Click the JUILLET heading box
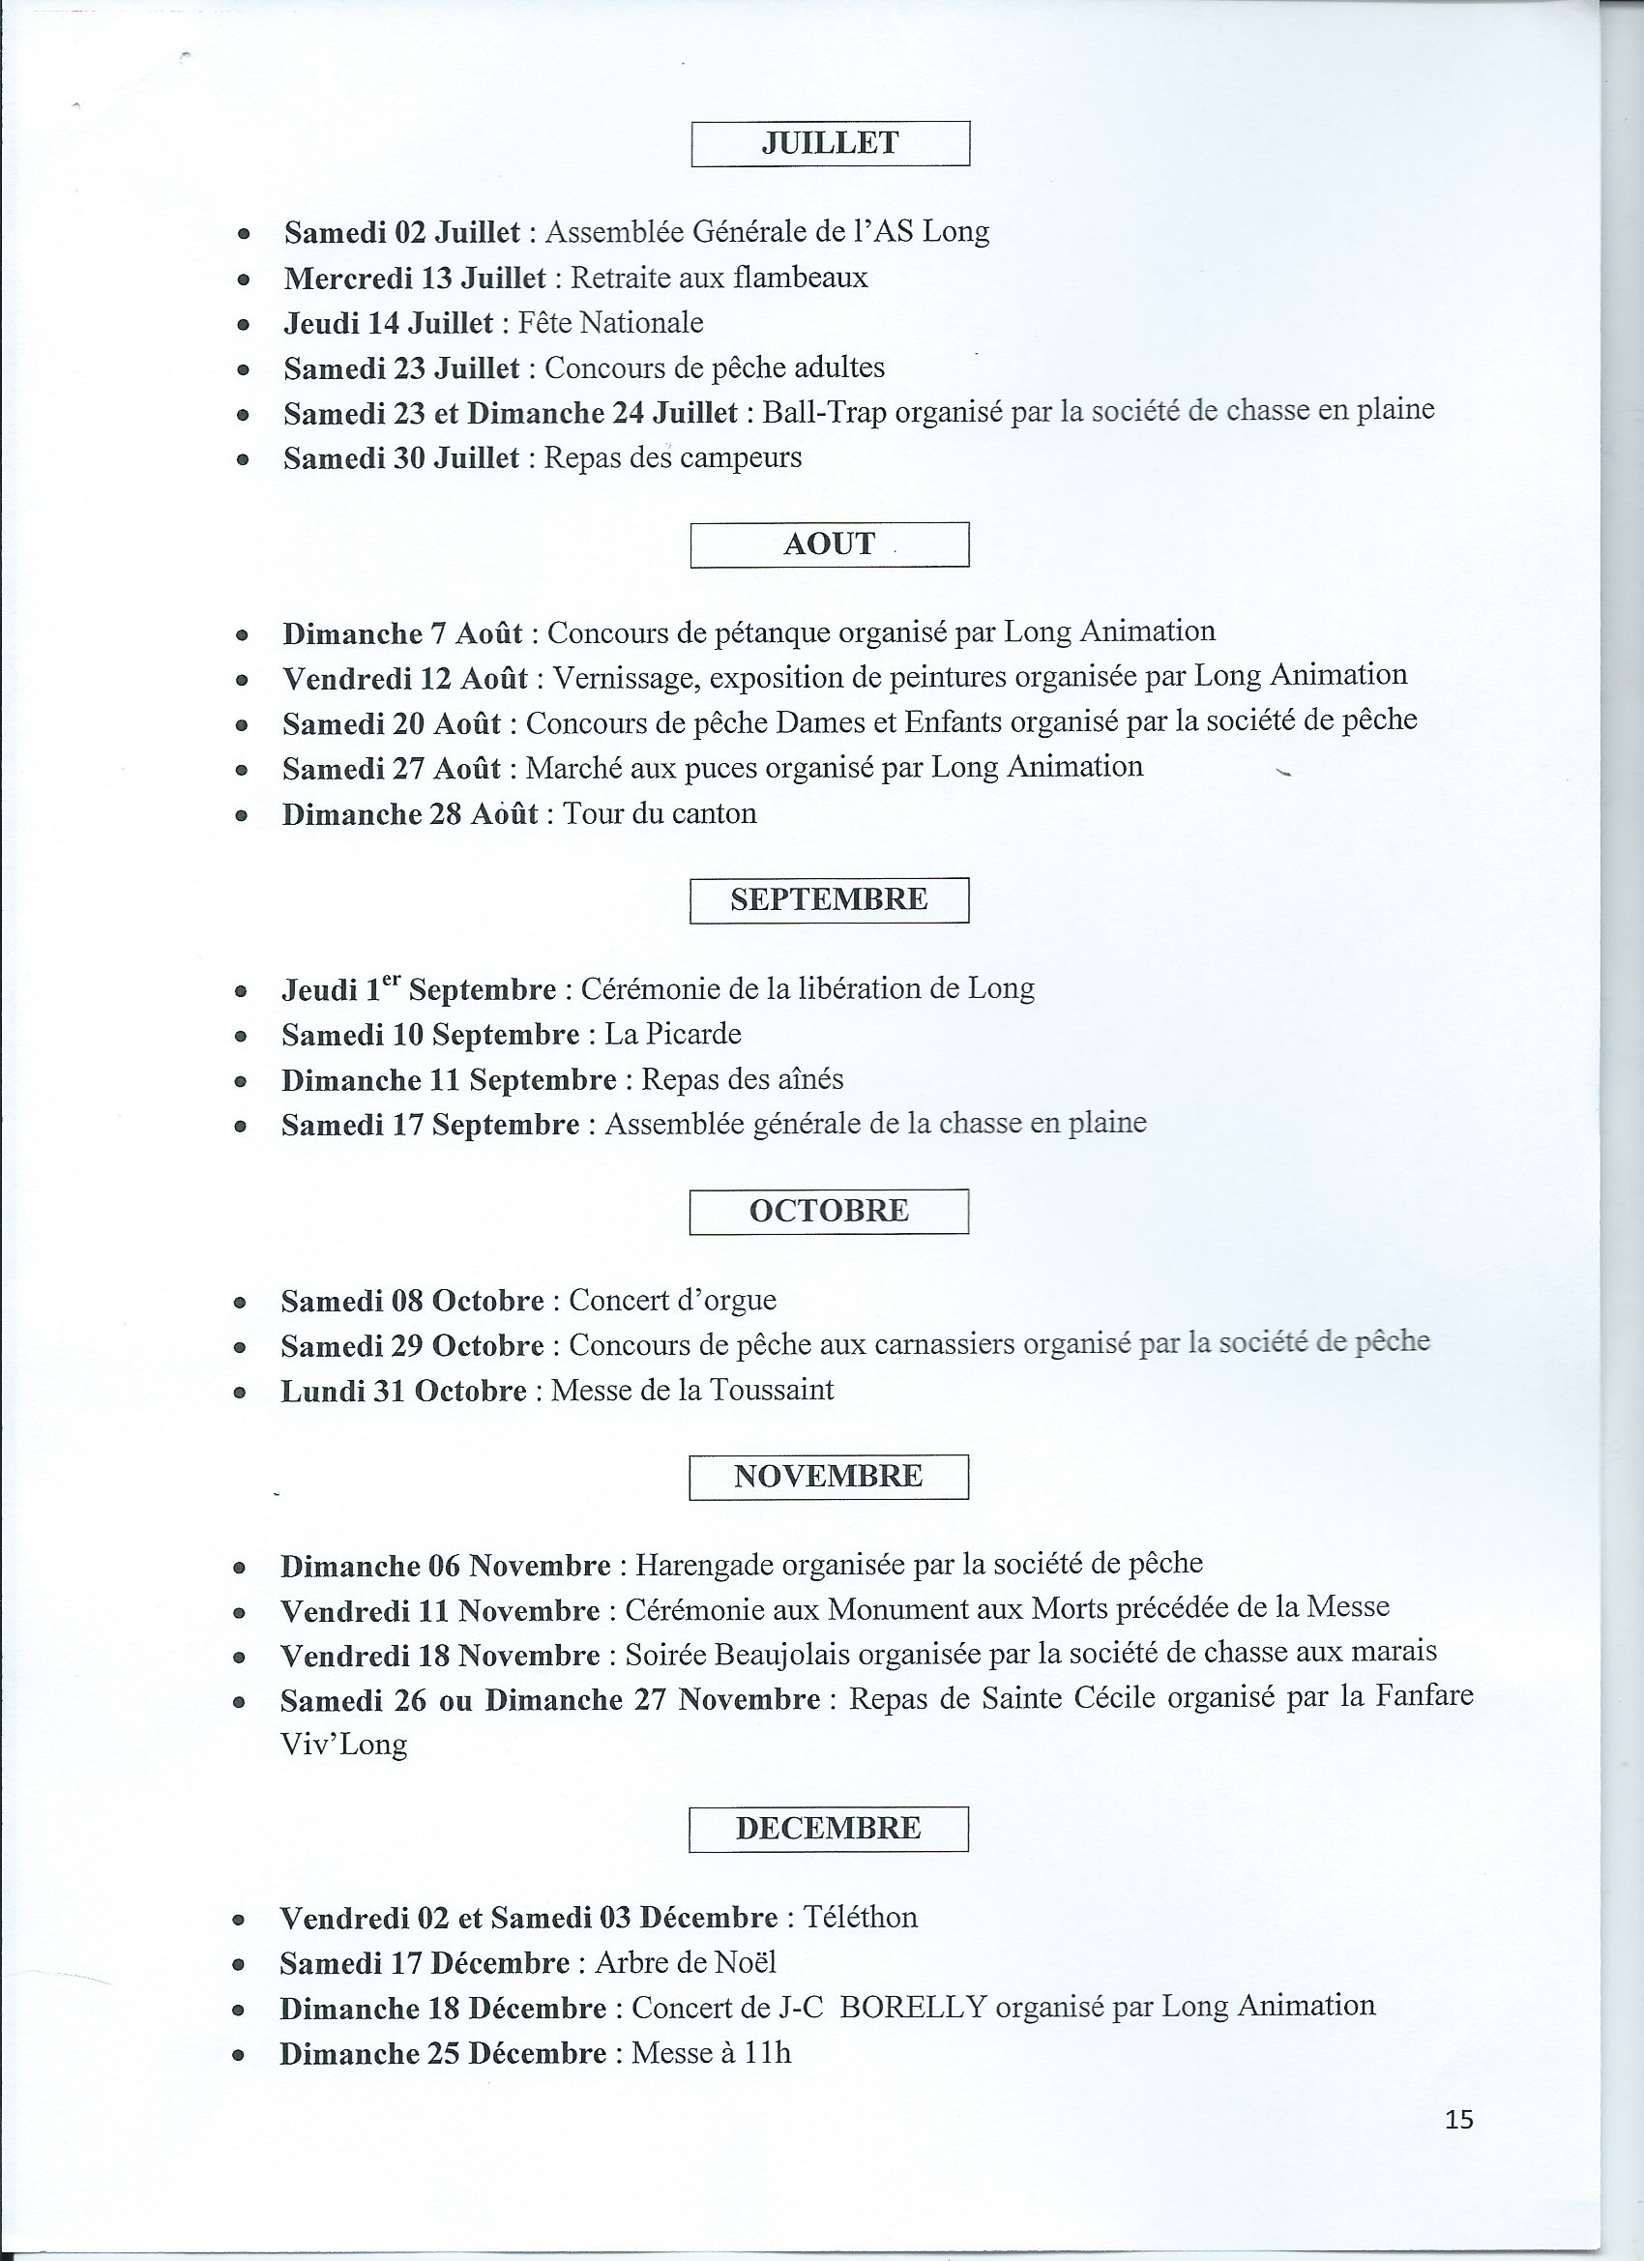pos(830,143)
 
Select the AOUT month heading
pos(830,544)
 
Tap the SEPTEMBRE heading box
pos(829,900)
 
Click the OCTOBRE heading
pos(829,1211)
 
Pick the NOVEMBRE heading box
pos(828,1477)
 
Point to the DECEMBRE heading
pos(828,1829)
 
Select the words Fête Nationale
pos(610,323)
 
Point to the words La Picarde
pos(673,1034)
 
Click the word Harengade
pos(705,1565)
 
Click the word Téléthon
pos(860,1917)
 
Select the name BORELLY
pos(913,2007)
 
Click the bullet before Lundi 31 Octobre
pos(239,1393)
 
